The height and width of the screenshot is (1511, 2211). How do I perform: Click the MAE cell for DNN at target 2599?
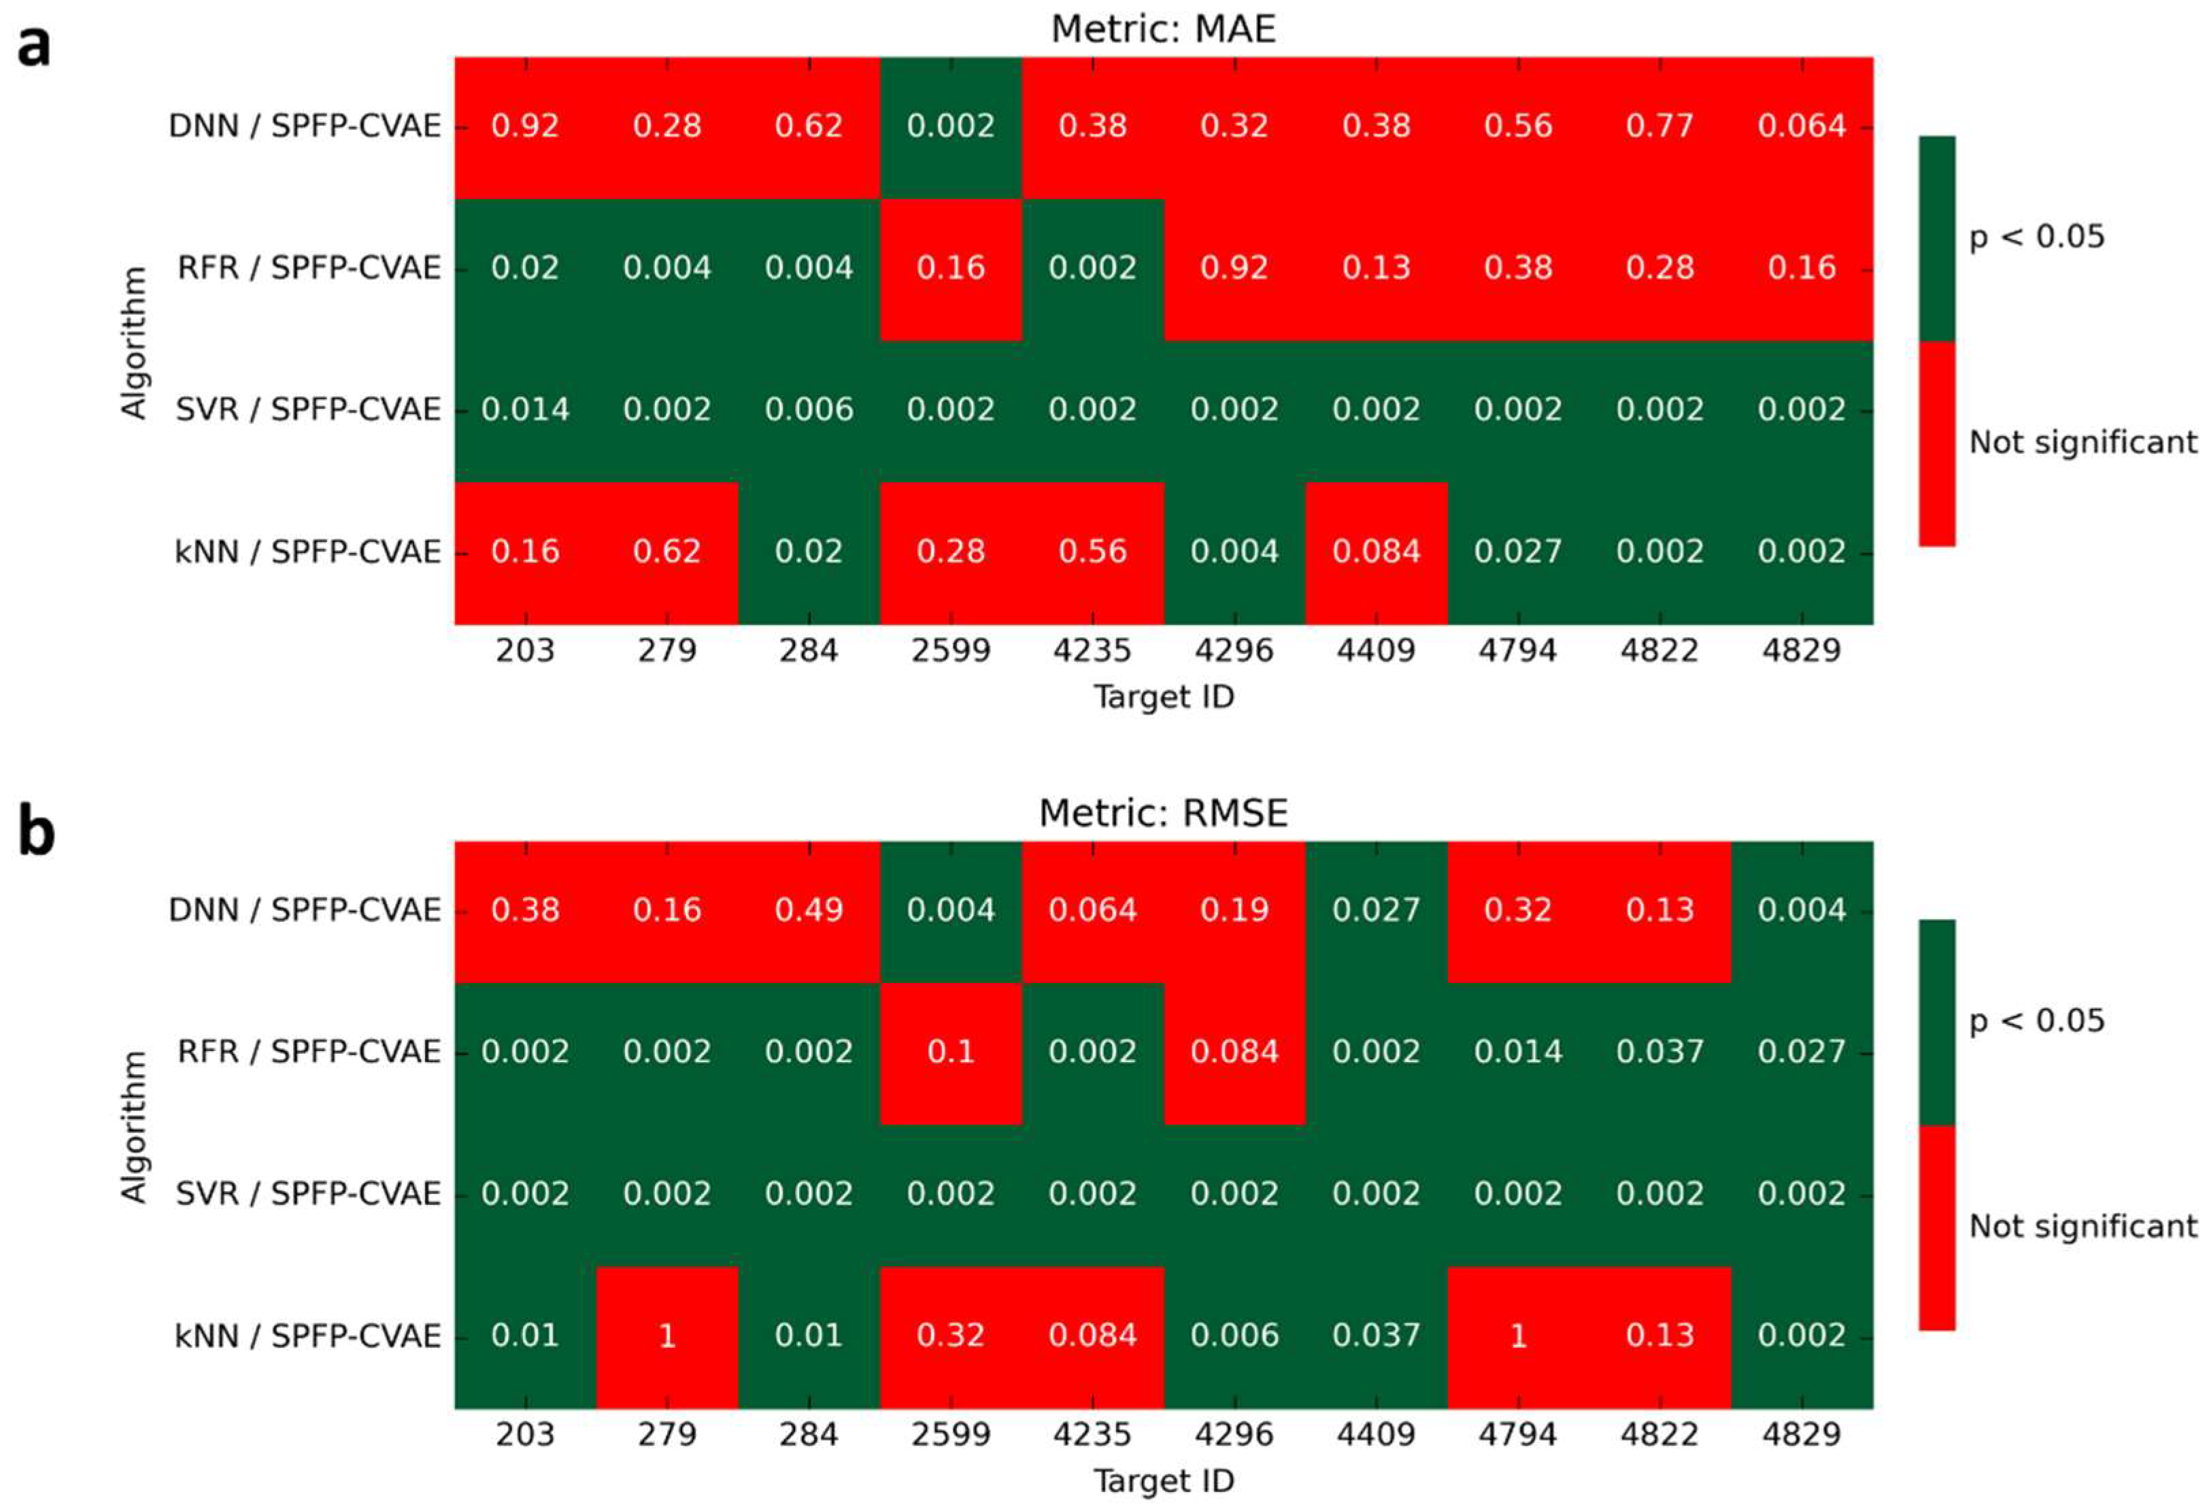pos(950,127)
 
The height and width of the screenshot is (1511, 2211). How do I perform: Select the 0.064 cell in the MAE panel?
pos(1801,127)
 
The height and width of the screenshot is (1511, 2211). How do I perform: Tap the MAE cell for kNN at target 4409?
pos(1376,552)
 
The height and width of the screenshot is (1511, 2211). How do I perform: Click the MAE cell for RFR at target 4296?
pos(1234,268)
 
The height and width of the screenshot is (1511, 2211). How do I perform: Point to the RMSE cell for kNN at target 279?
pos(667,1336)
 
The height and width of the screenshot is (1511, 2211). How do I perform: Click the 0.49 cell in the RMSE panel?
pos(809,910)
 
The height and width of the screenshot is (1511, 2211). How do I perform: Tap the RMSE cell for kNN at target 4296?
pos(1234,1336)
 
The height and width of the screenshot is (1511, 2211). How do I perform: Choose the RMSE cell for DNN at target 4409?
pos(1376,910)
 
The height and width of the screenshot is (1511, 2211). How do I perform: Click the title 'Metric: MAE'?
pos(1162,29)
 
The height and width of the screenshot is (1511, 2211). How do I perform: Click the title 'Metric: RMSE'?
pos(1162,814)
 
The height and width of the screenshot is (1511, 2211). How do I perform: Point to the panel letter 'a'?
pos(34,46)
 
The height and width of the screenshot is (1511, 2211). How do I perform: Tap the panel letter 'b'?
pos(36,830)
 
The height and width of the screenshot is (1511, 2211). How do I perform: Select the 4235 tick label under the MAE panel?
pos(1092,651)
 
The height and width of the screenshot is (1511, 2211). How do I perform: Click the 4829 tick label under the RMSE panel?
pos(1801,1435)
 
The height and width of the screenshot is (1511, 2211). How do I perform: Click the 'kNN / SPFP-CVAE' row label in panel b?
pos(307,1337)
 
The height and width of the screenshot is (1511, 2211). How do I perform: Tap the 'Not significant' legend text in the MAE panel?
pos(2082,442)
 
